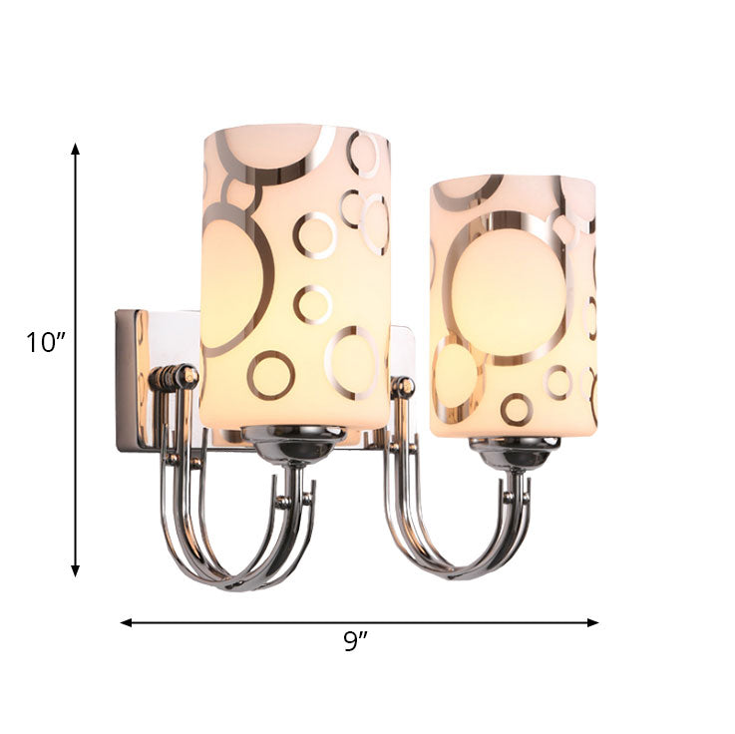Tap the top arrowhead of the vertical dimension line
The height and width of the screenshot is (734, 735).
(75, 149)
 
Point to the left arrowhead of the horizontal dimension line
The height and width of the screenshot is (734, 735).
(126, 622)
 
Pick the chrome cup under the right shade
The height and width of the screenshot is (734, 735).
(514, 454)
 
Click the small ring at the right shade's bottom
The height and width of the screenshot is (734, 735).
(517, 408)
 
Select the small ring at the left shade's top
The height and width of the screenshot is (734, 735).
(365, 154)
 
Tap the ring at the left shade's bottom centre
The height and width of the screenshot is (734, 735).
(270, 374)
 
